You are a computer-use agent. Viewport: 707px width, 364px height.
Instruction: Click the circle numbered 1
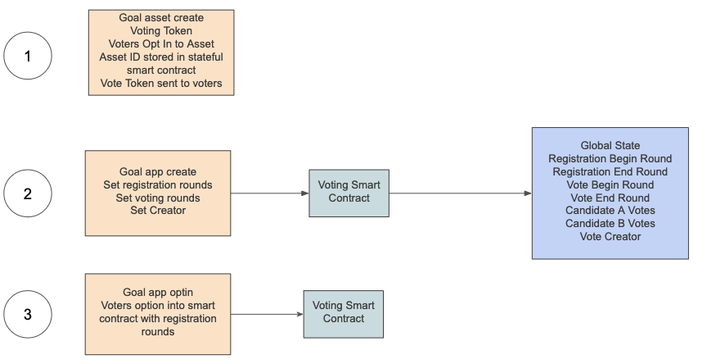pos(28,57)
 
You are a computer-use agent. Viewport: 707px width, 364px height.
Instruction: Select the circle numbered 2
pos(28,193)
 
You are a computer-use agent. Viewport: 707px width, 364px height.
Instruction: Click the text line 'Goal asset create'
pos(161,17)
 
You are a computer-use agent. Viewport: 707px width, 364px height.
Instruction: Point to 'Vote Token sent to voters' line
pos(161,83)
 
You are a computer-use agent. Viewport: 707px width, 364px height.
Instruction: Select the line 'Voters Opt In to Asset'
pos(161,43)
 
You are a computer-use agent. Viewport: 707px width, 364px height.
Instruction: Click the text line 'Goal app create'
pos(158,172)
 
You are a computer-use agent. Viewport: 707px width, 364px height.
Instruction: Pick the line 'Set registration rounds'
pos(158,185)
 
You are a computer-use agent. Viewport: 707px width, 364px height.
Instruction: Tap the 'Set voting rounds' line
pos(158,198)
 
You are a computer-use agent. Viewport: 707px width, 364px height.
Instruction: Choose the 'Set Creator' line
pos(158,211)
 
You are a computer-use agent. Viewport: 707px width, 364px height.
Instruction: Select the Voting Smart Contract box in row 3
pos(344,312)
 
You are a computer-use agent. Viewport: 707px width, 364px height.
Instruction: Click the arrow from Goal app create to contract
pos(270,193)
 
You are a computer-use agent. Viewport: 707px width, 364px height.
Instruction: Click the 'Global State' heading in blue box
pos(610,145)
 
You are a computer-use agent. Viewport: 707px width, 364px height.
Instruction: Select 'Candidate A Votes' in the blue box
pos(610,211)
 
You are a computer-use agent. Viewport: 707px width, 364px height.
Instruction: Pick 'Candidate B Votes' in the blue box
pos(610,224)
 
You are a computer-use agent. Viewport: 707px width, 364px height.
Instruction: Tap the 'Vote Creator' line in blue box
pos(610,237)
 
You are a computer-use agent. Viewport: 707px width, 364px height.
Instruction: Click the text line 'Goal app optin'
pos(158,293)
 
